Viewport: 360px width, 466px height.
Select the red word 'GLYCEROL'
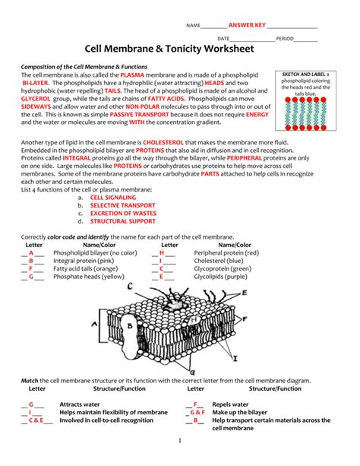(x=36, y=99)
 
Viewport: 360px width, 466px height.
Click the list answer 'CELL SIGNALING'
(x=112, y=196)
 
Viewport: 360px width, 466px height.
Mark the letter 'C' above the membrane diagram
(x=131, y=287)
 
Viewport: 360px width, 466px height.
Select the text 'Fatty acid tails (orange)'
(x=85, y=268)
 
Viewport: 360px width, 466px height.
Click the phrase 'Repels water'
(x=230, y=404)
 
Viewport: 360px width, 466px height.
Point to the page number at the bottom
(x=180, y=441)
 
